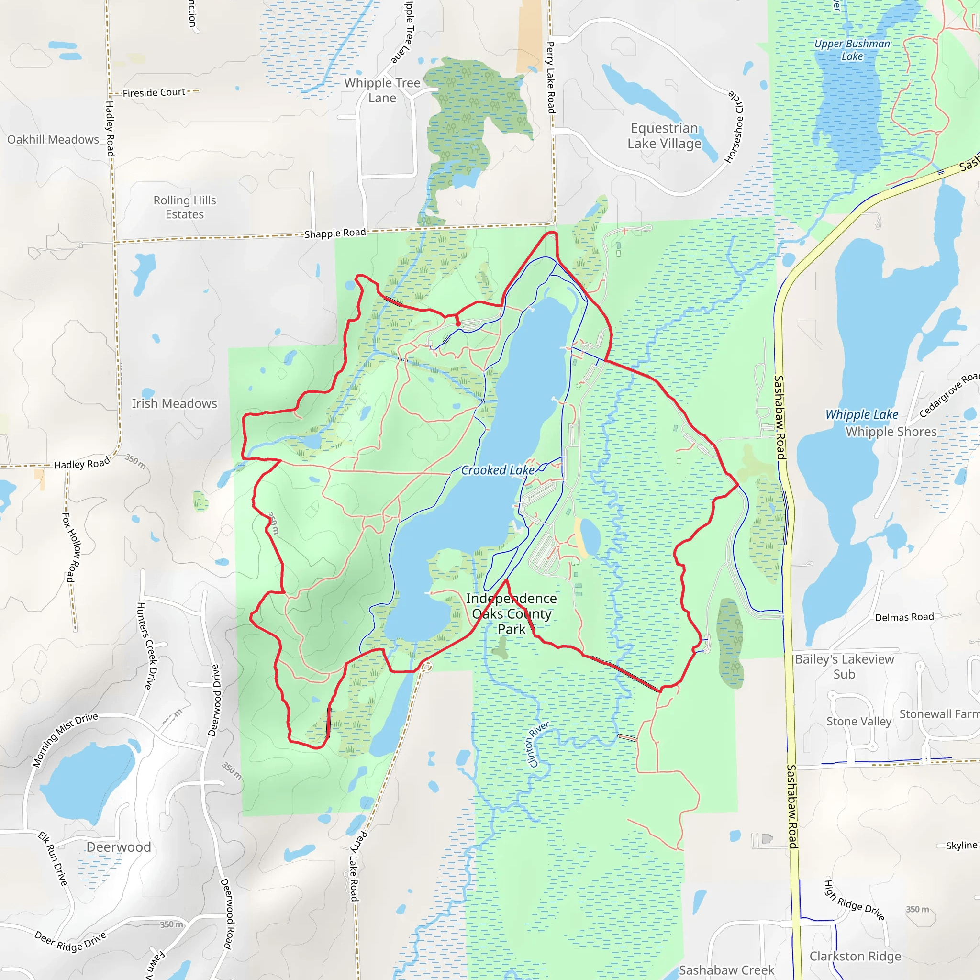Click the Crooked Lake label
click(497, 470)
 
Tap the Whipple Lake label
click(861, 414)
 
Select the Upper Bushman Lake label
click(852, 50)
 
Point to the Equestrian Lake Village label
click(664, 135)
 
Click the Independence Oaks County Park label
click(512, 614)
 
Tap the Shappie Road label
click(335, 233)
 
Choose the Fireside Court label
click(154, 92)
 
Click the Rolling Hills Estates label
click(185, 207)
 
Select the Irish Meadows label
click(174, 403)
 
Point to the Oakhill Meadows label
click(53, 140)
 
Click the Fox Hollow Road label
click(71, 547)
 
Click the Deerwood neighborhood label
click(118, 846)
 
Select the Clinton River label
click(538, 744)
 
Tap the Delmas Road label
click(904, 617)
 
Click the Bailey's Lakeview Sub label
click(844, 667)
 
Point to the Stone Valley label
click(858, 721)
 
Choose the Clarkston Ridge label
click(855, 956)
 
